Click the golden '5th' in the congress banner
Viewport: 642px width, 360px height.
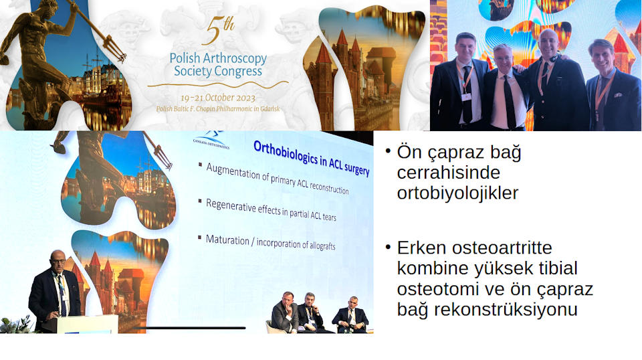219,30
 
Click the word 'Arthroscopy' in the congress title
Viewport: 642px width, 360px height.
235,59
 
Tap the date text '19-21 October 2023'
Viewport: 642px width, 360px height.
218,98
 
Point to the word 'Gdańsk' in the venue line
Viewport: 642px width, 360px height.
270,109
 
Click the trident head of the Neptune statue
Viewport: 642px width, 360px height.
115,48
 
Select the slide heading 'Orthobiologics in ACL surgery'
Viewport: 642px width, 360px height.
311,158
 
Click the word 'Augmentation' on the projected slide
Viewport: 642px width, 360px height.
233,171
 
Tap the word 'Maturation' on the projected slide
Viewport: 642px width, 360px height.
227,240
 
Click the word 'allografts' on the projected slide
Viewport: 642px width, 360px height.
322,246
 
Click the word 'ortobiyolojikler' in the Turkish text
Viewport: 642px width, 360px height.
457,193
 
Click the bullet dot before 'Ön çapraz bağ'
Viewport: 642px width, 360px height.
388,151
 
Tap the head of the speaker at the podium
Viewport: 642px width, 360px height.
58,260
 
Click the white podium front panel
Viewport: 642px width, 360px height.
87,324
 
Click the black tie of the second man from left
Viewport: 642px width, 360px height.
510,102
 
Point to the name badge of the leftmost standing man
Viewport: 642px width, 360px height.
466,97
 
